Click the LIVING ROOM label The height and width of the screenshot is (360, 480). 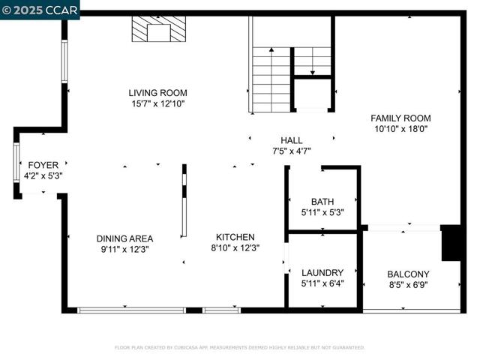[157, 93]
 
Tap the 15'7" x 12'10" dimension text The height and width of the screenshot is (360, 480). [157, 103]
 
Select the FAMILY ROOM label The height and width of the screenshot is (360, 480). [400, 118]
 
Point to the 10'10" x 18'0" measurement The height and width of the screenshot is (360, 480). [400, 128]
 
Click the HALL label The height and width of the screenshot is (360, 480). [291, 140]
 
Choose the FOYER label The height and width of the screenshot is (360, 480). [43, 165]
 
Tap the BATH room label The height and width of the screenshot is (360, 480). [322, 201]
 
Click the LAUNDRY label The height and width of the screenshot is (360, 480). [322, 272]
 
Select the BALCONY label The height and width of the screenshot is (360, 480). [408, 274]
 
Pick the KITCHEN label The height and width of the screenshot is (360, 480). [235, 237]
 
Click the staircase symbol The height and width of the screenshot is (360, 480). [271, 79]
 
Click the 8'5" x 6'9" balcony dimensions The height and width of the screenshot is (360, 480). [408, 284]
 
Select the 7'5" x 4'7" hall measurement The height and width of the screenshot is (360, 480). [291, 151]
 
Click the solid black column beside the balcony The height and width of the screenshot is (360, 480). [451, 243]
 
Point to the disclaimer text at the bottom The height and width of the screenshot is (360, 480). [239, 347]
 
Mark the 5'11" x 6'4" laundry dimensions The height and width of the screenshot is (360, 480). [322, 283]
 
